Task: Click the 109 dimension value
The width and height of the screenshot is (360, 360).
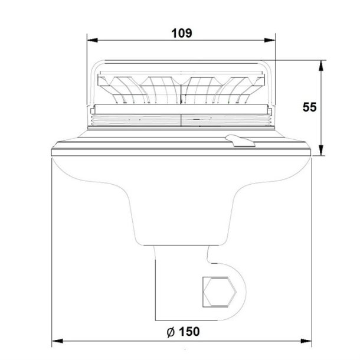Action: tap(182, 33)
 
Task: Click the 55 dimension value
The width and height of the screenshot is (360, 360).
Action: tap(309, 107)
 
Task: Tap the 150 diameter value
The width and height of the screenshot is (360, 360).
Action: tap(189, 332)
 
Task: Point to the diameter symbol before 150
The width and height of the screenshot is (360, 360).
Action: tap(171, 332)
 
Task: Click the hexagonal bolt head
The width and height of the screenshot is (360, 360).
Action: tap(220, 292)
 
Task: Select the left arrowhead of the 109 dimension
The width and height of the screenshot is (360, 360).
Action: tap(93, 40)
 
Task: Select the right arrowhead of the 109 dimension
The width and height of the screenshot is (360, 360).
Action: tap(270, 40)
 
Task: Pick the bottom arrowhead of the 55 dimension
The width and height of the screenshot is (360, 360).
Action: tap(321, 150)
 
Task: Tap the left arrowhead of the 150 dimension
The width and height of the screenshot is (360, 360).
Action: tap(57, 341)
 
